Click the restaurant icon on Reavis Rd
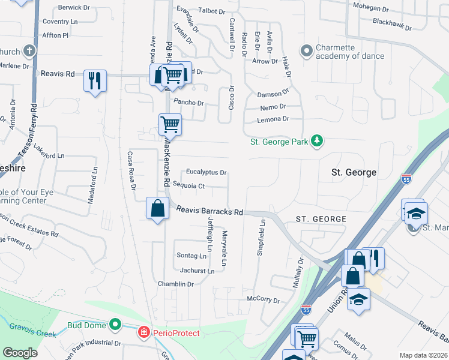95,80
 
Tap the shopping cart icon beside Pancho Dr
170,125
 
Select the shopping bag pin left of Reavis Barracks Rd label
157,209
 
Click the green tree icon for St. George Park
317,142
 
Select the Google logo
20,353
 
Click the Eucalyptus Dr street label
206,172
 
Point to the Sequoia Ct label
188,186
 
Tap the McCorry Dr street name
264,298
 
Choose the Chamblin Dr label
175,284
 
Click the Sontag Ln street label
191,256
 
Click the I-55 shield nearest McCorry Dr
306,310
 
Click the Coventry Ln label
60,22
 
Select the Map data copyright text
423,355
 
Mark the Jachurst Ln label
197,271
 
